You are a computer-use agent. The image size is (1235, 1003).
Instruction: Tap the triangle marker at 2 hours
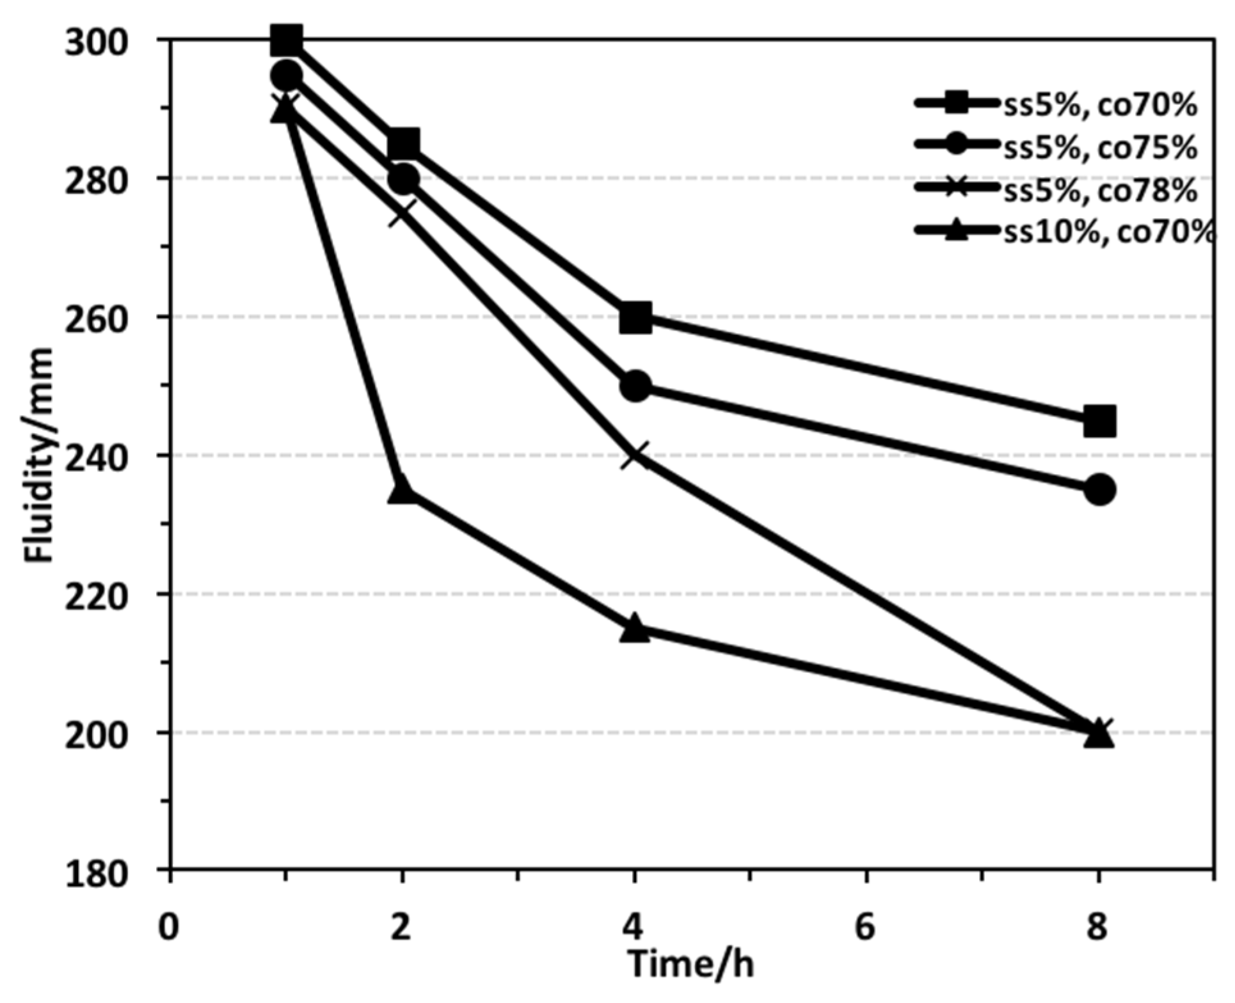pos(402,490)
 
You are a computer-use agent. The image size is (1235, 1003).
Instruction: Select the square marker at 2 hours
pos(402,144)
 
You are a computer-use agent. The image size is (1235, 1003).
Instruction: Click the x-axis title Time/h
pos(691,964)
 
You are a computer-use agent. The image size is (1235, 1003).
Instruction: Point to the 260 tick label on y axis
pos(96,317)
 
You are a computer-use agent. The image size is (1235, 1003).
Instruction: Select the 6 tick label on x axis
pos(865,926)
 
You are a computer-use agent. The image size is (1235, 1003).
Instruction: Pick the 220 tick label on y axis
pos(96,594)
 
